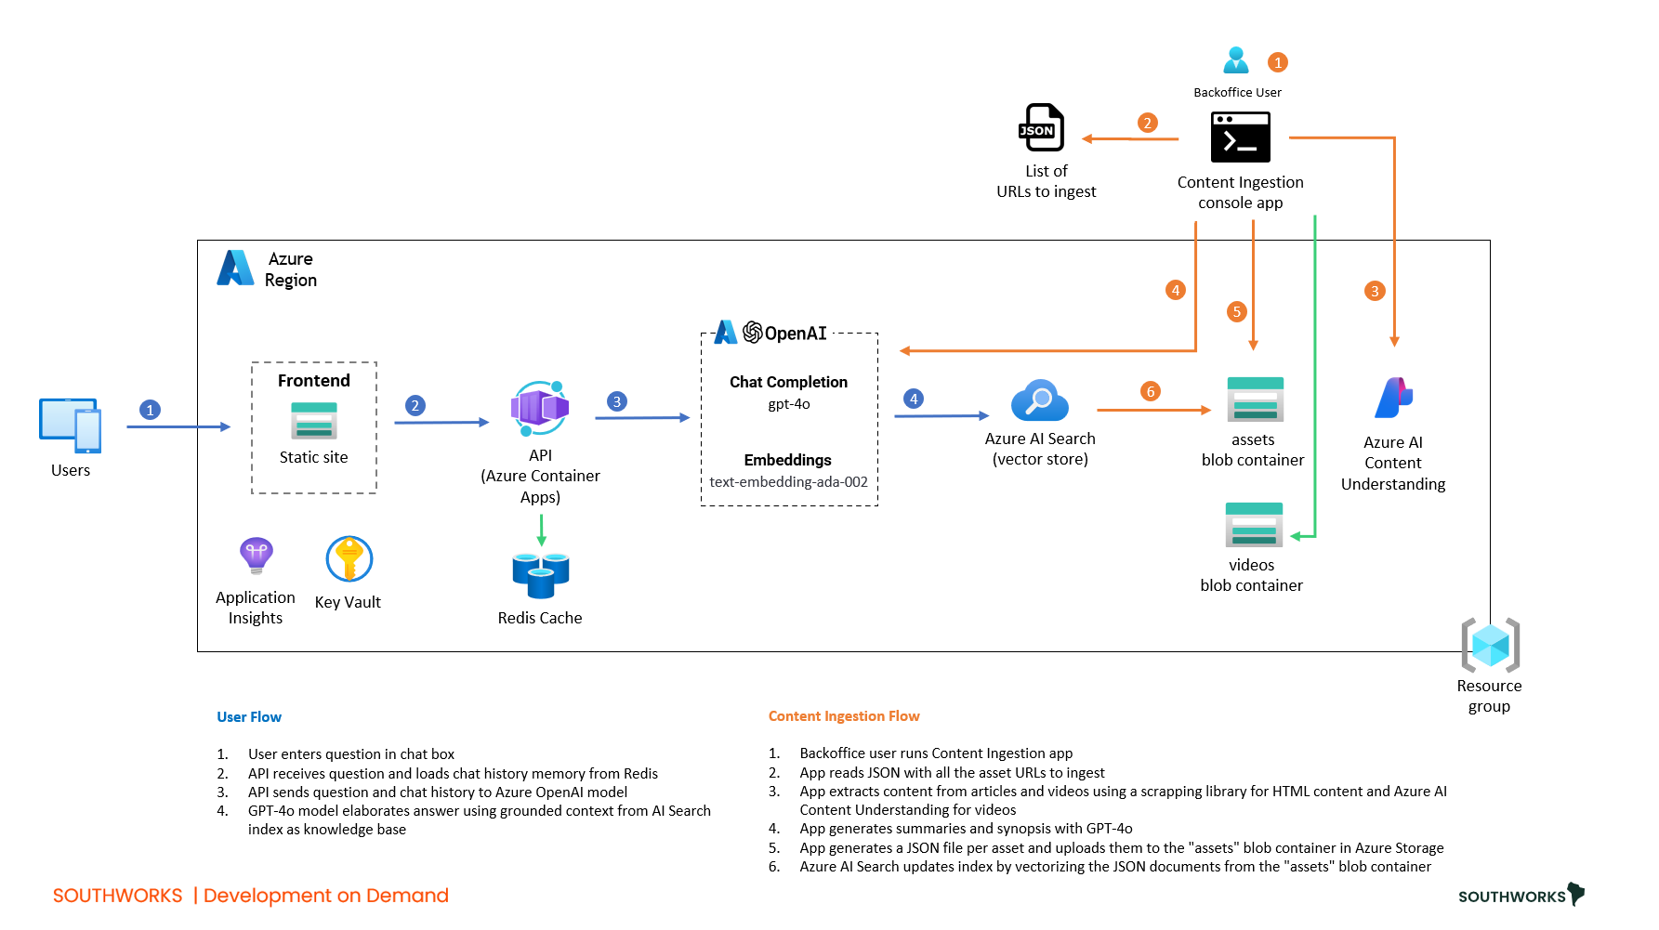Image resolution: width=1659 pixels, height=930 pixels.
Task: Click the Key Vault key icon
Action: tap(349, 559)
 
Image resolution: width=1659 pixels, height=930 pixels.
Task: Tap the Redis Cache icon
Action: tap(540, 575)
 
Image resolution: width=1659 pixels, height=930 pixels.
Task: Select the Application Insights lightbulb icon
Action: tap(257, 556)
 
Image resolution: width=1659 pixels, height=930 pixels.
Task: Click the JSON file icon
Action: tap(1042, 127)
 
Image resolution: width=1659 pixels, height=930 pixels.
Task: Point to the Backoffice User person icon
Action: tap(1236, 60)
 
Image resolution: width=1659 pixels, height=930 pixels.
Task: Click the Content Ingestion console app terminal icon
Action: tap(1240, 138)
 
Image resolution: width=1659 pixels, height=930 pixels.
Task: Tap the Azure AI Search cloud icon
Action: tap(1039, 400)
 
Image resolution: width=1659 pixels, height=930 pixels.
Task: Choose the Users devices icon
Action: tap(71, 426)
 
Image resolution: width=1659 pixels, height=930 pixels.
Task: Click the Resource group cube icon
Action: tap(1490, 645)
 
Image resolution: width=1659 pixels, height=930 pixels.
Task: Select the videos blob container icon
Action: tap(1254, 525)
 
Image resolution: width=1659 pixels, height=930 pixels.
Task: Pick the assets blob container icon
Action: tap(1255, 400)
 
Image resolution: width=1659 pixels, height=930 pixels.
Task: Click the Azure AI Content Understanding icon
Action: tap(1393, 399)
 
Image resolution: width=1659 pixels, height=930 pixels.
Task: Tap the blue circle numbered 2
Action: tap(415, 405)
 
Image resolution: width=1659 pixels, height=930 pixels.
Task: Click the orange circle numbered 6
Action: tap(1151, 391)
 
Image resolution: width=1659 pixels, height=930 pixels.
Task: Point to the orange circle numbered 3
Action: tap(1375, 291)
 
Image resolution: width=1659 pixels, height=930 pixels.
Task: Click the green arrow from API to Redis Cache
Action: tap(541, 530)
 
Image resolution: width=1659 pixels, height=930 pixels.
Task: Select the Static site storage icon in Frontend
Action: tap(314, 420)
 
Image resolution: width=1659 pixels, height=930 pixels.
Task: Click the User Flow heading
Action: tap(249, 717)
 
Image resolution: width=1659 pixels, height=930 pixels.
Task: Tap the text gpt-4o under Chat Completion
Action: tap(789, 404)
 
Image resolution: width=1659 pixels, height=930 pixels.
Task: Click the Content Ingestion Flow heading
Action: tap(844, 716)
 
